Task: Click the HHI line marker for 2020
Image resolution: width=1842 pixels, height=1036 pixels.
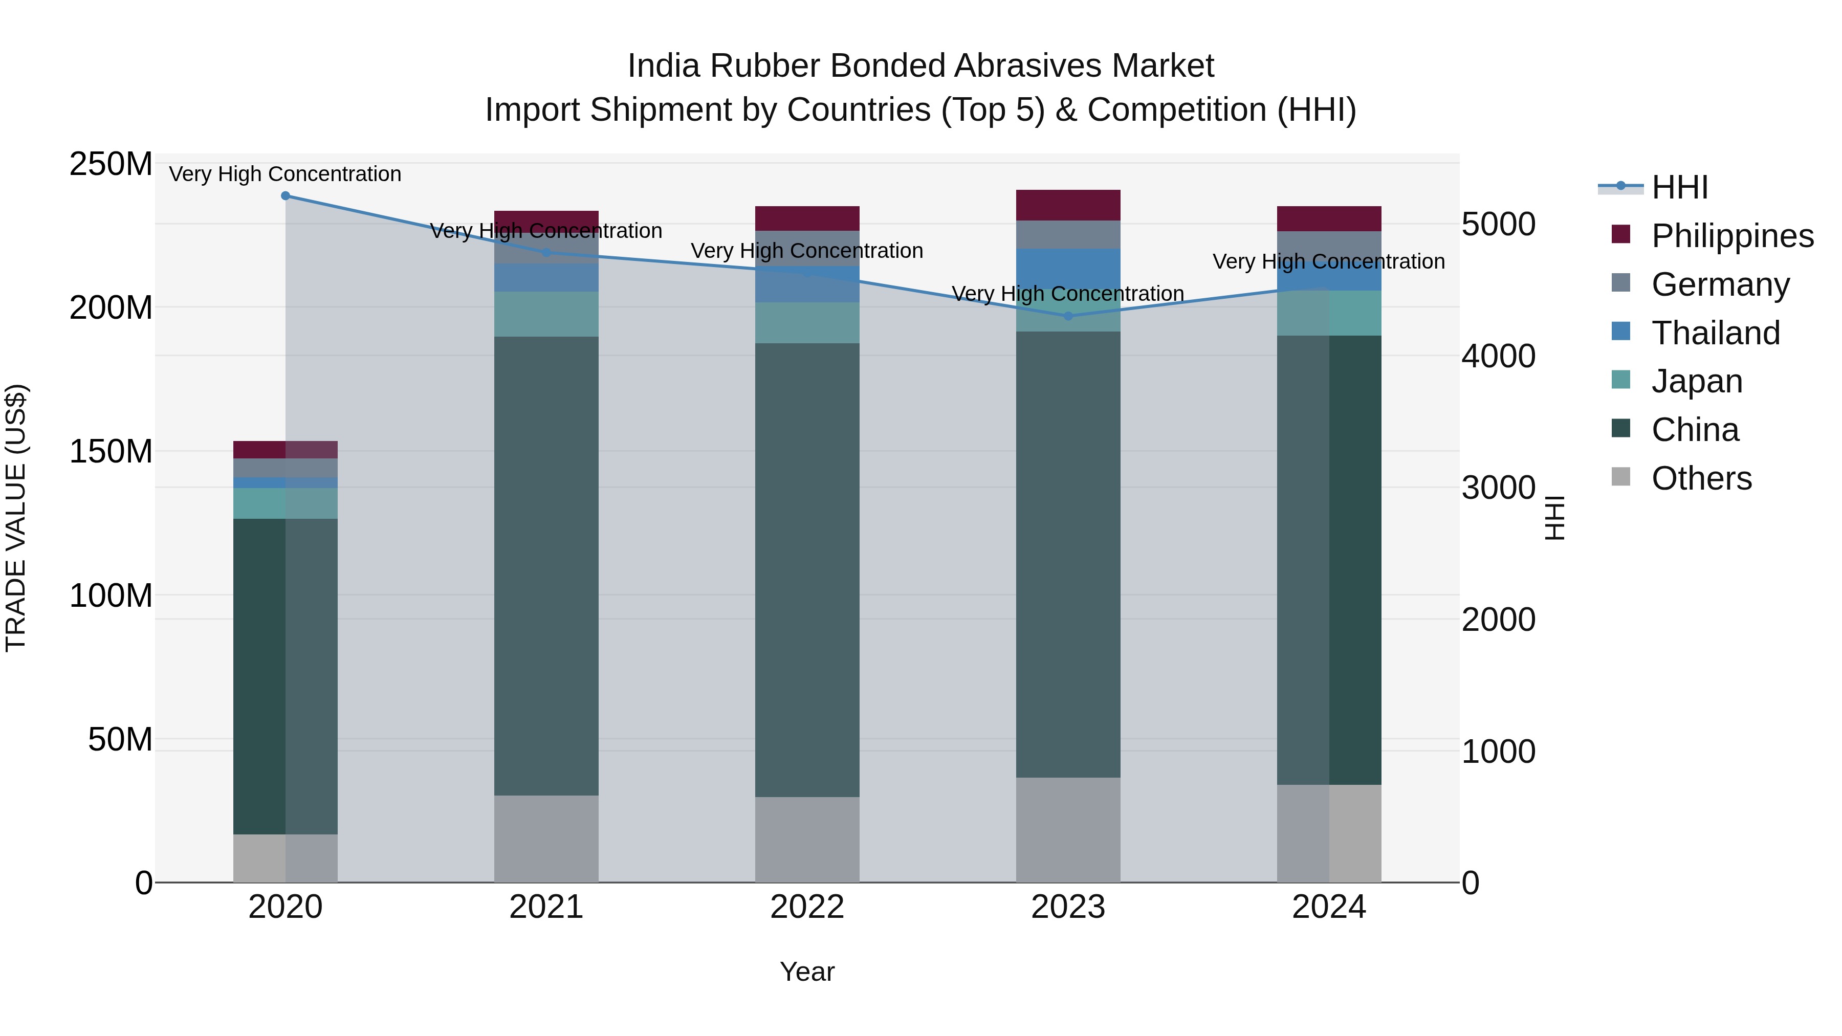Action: (x=286, y=196)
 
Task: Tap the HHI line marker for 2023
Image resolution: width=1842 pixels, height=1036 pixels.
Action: (x=1068, y=316)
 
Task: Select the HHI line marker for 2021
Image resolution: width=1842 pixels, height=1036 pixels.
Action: (x=546, y=252)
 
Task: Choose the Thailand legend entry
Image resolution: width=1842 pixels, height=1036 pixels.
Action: (x=1715, y=333)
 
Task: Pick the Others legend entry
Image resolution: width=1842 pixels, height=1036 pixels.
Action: (x=1700, y=478)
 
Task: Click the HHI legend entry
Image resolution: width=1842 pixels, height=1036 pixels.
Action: (x=1679, y=187)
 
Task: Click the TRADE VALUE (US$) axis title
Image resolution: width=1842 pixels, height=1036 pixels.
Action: (x=16, y=518)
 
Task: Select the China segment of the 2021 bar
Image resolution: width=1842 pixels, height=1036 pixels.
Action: (x=546, y=565)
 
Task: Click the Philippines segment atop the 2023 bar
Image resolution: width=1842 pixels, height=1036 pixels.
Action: (x=1068, y=205)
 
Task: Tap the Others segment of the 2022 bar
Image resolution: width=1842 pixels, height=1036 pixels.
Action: (x=807, y=840)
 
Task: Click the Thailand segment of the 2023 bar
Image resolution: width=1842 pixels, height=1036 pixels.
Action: (x=1068, y=268)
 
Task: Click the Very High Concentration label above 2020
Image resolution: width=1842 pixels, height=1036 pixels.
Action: (x=286, y=174)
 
